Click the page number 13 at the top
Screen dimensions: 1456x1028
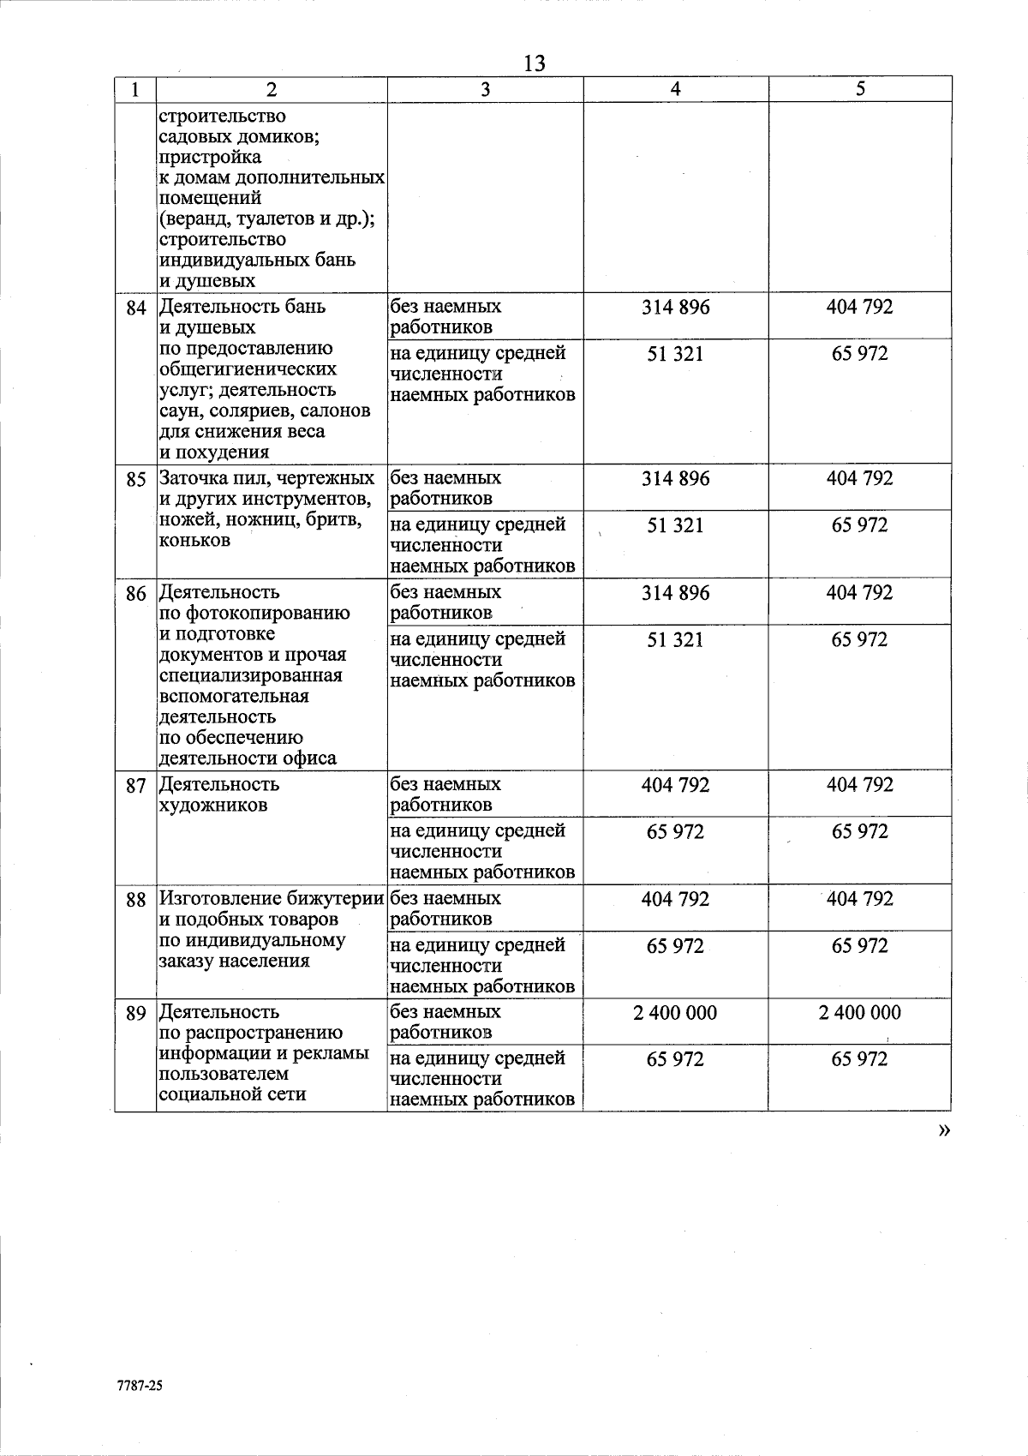(x=534, y=63)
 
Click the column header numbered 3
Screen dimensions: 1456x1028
(x=485, y=89)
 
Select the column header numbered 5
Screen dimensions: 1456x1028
(x=860, y=89)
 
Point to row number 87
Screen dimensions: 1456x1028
(x=136, y=786)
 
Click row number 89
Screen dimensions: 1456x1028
(x=136, y=1014)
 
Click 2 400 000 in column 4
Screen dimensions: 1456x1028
(x=675, y=1013)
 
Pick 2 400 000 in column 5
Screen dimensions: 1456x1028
(x=860, y=1013)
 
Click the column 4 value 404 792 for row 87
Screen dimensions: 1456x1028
(x=675, y=785)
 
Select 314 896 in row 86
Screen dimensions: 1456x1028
(x=675, y=593)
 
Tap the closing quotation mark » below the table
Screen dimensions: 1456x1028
(x=944, y=1131)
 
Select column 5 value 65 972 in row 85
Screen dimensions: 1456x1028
(x=860, y=525)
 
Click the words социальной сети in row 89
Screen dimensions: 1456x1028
(x=233, y=1094)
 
